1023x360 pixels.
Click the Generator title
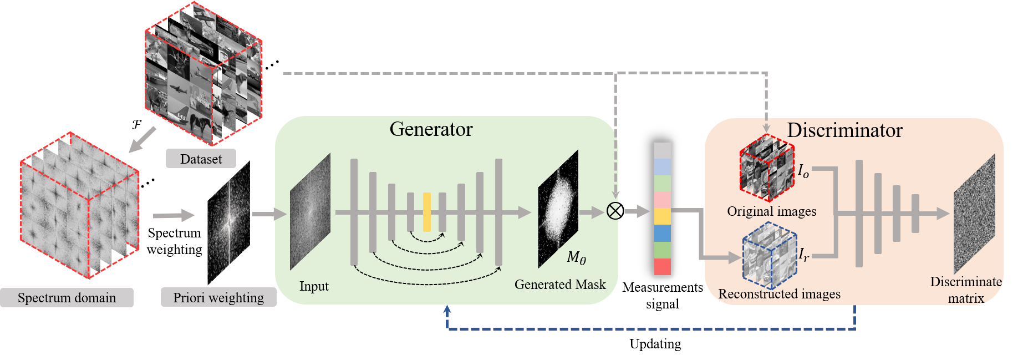coord(431,129)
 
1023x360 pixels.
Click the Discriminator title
coord(844,130)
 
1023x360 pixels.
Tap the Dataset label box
coord(201,159)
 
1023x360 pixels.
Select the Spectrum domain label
coord(67,298)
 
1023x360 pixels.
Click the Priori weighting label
coord(218,298)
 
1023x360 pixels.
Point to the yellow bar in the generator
coord(427,212)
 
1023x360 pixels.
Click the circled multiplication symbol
coord(614,211)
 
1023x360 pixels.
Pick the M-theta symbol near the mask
coord(576,257)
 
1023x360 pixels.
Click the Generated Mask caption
coord(560,285)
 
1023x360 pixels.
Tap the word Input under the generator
coord(314,286)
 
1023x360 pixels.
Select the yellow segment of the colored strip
coord(663,216)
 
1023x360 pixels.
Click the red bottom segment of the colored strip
coord(663,267)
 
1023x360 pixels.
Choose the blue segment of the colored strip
coord(663,233)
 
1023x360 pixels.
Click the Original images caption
coord(771,211)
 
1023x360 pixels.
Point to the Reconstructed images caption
coord(779,294)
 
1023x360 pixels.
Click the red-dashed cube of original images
coord(767,167)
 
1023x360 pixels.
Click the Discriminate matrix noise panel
coord(974,214)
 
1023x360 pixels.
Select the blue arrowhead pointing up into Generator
coord(447,310)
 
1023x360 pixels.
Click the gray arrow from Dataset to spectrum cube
coord(142,139)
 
